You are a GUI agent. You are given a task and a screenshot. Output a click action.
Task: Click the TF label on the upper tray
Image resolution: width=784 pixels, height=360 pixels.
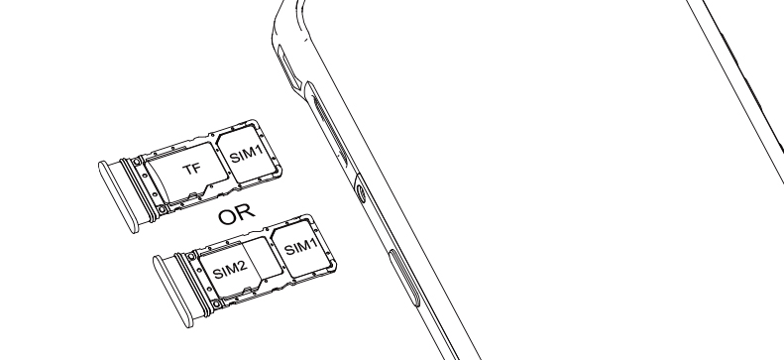point(192,169)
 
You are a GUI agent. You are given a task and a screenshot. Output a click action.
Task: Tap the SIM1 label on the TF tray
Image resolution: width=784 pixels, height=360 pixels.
point(246,154)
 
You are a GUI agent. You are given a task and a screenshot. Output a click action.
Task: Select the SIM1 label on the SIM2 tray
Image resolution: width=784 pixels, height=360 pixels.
point(300,247)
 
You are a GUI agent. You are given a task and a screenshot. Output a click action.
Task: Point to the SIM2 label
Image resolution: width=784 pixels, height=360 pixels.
point(230,270)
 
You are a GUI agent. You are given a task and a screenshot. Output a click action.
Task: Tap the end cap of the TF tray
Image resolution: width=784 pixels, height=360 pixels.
point(118,196)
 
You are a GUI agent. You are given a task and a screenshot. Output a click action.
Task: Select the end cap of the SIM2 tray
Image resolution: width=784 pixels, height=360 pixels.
point(173,292)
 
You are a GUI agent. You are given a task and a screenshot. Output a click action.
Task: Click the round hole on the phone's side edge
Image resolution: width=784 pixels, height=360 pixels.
point(360,193)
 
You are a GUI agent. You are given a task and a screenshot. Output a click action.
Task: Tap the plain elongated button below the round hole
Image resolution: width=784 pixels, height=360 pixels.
point(404,278)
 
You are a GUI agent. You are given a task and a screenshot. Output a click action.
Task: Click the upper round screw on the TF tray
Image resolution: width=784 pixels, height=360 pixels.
point(137,162)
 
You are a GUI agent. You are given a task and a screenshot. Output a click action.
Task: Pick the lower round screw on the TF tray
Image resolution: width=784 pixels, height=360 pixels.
point(162,209)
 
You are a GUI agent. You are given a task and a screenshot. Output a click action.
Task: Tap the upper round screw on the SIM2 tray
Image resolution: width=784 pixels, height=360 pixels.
point(191,257)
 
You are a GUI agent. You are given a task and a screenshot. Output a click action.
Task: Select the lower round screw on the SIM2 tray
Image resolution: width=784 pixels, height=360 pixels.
point(216,304)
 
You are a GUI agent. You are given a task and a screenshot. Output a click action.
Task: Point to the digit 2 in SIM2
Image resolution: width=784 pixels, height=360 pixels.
point(243,266)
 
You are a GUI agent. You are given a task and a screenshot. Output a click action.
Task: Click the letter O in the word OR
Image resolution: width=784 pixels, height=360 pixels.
point(228,217)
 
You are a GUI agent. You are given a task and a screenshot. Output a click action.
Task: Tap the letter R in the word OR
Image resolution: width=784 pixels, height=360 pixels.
point(247,212)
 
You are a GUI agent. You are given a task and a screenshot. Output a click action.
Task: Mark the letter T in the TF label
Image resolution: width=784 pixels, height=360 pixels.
point(188,171)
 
